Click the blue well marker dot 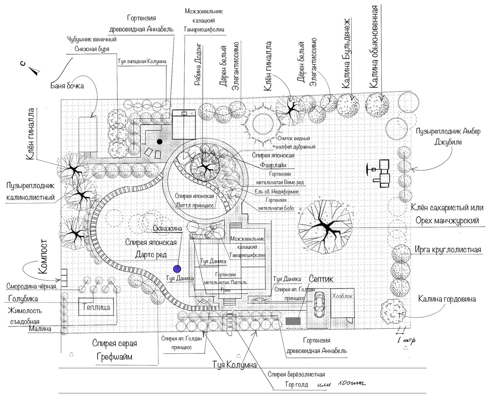click(177, 269)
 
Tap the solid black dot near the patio click(160, 142)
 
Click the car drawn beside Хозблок click(319, 304)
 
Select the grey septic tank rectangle click(293, 321)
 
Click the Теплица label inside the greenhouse click(96, 307)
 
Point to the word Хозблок click(342, 296)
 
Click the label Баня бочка click(67, 86)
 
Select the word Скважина click(167, 228)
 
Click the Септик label click(321, 279)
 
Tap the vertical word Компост click(43, 257)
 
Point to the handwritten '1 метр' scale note click(406, 340)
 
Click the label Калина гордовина click(447, 299)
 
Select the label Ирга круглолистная click(448, 250)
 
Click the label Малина click(40, 329)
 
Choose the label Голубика click(23, 299)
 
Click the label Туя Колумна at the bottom click(235, 365)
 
